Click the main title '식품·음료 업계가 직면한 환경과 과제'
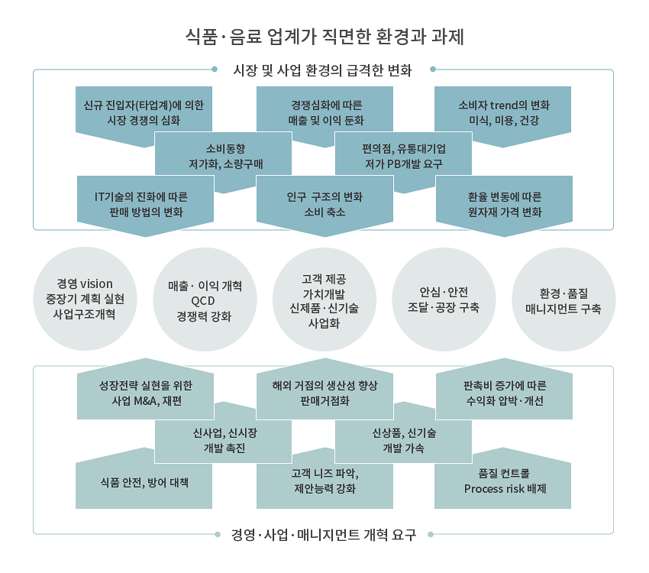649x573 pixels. coord(324,37)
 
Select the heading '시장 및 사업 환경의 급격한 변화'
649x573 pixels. coord(322,70)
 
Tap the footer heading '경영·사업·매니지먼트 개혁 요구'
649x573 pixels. coord(323,535)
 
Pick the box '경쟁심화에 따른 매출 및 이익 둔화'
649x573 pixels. coord(325,112)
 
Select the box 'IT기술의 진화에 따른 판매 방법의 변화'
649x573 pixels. coord(145,204)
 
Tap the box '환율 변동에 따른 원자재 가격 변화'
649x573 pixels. coord(504,204)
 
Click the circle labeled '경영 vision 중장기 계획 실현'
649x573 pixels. coord(85,299)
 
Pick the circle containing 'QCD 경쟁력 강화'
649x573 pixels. coord(205,299)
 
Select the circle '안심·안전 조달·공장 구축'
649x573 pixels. coord(444,299)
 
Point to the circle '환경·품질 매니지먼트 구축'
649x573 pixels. coord(563,299)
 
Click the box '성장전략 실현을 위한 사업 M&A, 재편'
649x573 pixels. coord(145,391)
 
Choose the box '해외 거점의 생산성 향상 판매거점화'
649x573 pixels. coord(325,391)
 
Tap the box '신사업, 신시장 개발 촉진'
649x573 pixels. coord(224,438)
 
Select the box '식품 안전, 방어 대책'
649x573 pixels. coord(144,482)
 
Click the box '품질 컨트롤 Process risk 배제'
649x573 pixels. coord(503,482)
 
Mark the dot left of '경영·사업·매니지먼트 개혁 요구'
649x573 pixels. coord(218,535)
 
